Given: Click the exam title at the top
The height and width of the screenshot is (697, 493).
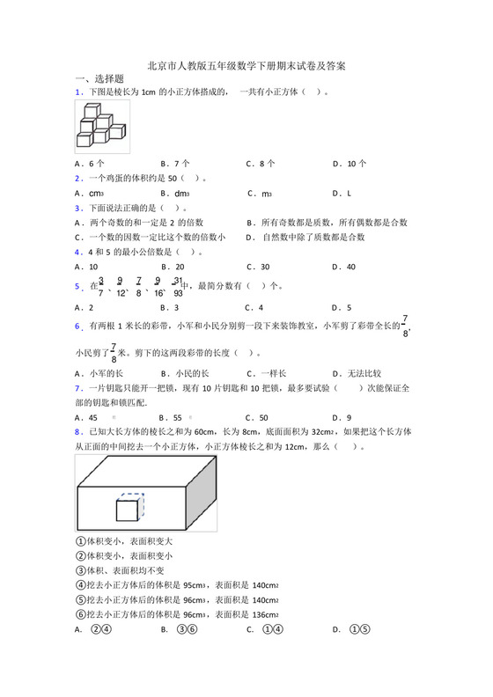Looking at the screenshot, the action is pos(246,66).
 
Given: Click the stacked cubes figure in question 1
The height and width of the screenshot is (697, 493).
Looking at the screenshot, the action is pos(101,127).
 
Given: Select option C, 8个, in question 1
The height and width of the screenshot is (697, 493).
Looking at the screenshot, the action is pos(261,163).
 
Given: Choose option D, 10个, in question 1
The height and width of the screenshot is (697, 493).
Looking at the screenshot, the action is pos(350,163).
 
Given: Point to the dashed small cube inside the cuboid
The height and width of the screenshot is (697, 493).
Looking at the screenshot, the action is pos(130,510).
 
